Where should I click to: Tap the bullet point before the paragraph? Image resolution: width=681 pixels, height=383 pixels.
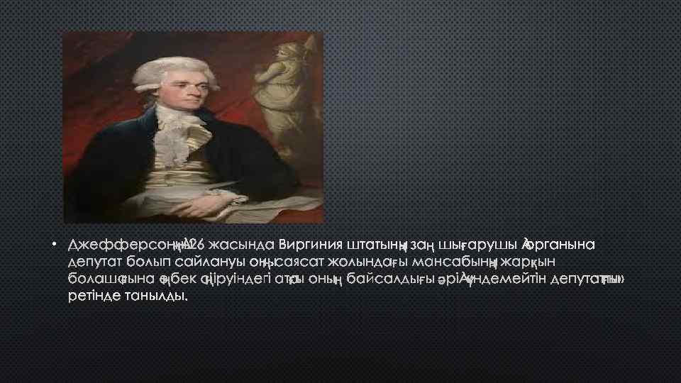pyautogui.click(x=53, y=246)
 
